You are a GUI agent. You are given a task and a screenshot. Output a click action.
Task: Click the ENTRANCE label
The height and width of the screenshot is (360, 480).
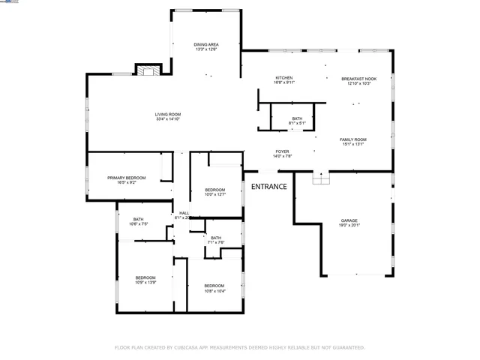[268, 186]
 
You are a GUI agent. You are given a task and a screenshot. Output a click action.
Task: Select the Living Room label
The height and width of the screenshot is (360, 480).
[169, 115]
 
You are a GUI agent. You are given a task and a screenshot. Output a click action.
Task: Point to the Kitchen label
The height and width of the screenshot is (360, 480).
[284, 79]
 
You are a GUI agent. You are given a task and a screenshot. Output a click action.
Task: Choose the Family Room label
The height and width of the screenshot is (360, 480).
[352, 141]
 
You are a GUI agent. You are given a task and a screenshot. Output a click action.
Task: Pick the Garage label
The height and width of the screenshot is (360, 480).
[349, 221]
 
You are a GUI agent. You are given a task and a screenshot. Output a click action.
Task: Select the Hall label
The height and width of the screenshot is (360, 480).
[183, 214]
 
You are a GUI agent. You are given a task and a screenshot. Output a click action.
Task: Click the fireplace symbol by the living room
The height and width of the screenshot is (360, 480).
[147, 70]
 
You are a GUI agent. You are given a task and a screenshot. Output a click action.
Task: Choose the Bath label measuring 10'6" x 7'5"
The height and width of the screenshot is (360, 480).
[139, 220]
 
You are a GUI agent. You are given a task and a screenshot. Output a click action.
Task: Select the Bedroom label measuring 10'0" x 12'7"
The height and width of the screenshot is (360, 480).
[215, 190]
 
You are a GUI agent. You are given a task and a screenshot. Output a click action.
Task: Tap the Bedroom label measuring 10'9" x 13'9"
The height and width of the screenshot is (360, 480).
[145, 278]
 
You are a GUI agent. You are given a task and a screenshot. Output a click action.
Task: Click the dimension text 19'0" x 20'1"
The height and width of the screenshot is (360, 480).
[349, 225]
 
